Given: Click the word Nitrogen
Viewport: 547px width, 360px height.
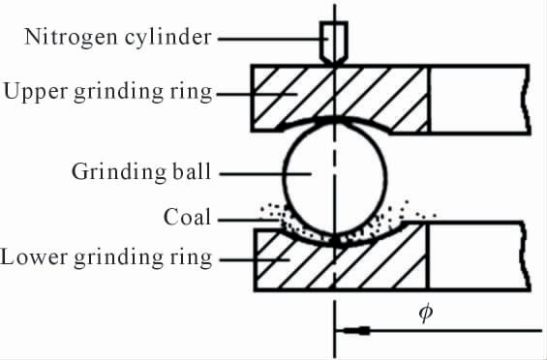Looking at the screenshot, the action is click(71, 38).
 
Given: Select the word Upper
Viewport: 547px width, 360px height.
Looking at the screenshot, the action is click(36, 92).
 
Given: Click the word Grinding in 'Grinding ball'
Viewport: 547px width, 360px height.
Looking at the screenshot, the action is click(119, 172).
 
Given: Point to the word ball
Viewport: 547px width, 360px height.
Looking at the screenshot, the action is click(192, 170).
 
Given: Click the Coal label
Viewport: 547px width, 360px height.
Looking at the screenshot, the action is click(187, 217).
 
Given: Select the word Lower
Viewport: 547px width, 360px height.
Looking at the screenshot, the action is click(34, 257).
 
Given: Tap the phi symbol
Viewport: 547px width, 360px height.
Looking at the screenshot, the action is click(426, 313).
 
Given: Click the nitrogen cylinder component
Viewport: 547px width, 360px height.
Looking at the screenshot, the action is click(334, 43).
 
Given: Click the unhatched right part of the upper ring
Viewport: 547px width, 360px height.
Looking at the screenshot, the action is click(480, 99).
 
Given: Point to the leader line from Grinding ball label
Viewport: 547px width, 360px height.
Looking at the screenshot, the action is click(265, 173).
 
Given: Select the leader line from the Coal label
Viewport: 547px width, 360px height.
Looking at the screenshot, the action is click(249, 220).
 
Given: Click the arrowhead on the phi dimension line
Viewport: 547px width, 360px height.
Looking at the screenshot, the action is click(352, 330).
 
